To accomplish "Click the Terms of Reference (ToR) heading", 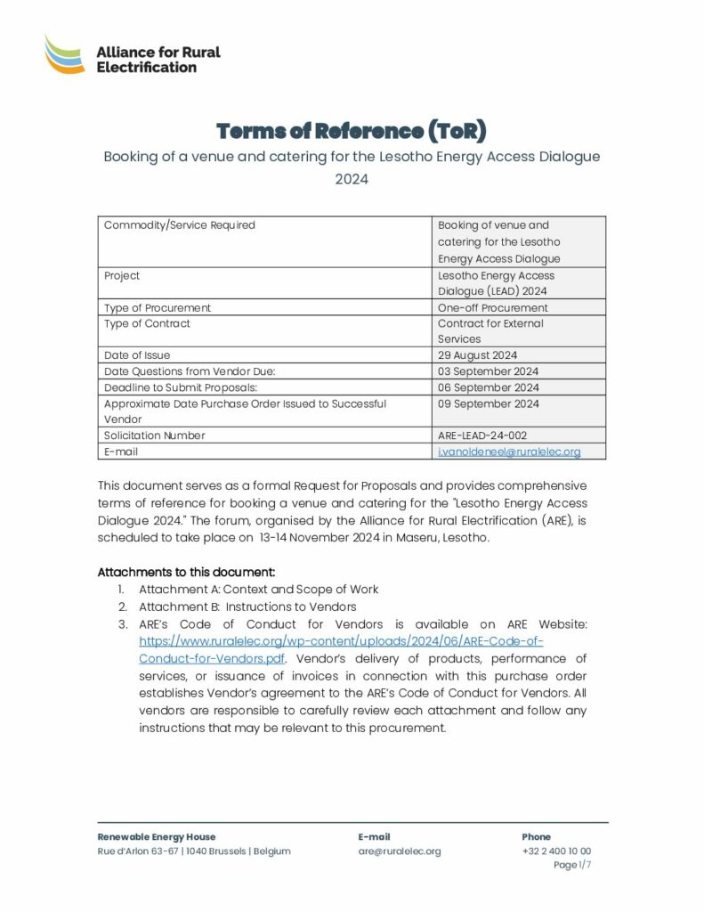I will [352, 131].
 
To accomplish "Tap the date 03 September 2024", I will [488, 371].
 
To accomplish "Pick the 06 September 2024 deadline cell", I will [488, 387].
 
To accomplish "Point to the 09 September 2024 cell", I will [488, 403].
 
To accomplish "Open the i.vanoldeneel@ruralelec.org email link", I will [509, 452].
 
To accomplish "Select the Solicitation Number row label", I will [155, 436].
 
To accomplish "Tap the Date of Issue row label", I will [137, 355].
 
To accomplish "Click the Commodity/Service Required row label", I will [180, 225].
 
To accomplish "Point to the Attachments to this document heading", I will [186, 571].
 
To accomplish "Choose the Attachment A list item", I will [258, 589].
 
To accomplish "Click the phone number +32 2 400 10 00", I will [556, 851].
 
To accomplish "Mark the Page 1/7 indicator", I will [571, 865].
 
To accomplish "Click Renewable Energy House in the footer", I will [157, 837].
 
